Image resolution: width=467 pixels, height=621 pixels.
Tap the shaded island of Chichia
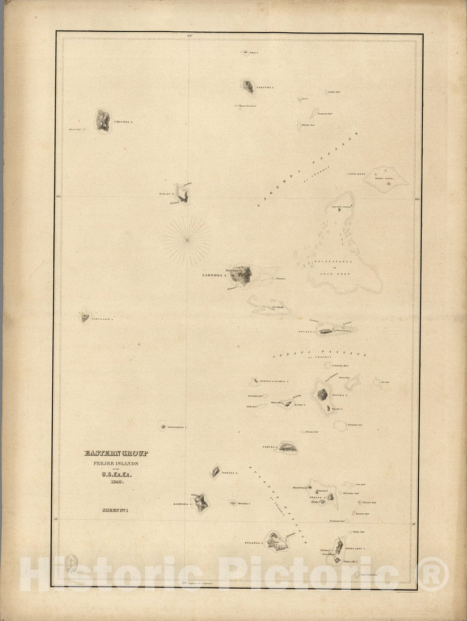[x=103, y=120]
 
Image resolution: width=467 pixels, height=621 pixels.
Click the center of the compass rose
[x=187, y=239]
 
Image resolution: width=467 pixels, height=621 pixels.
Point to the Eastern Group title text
[x=116, y=453]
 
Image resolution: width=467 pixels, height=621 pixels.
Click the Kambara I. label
[x=184, y=503]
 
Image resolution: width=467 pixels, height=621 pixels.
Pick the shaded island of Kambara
[x=201, y=502]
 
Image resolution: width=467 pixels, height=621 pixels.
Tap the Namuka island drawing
[x=287, y=448]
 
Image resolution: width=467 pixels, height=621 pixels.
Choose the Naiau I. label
[x=166, y=194]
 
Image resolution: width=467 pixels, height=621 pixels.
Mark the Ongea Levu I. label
[x=355, y=549]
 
